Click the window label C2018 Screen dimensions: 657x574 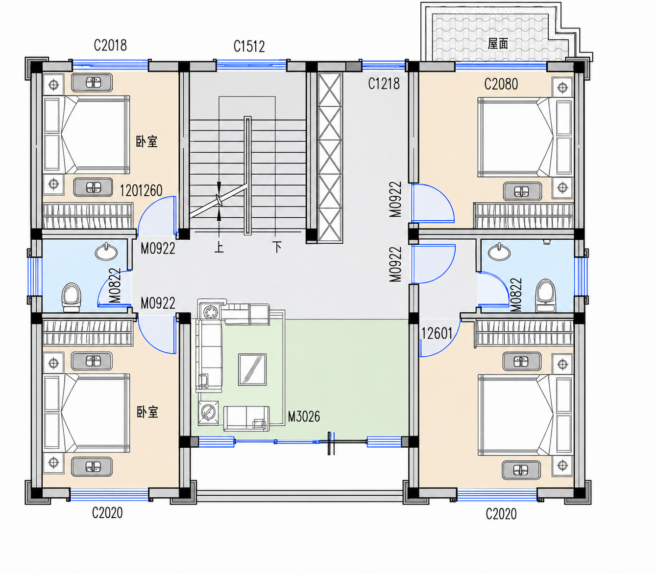coord(110,45)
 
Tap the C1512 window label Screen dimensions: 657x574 coord(249,46)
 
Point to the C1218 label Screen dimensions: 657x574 coord(384,84)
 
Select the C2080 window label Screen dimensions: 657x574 coord(501,84)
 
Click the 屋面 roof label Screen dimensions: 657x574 coord(498,44)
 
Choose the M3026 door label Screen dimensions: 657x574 coord(304,416)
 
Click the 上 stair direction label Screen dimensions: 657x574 coord(219,247)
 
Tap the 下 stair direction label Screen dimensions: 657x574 coord(277,247)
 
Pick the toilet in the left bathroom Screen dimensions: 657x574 coord(72,297)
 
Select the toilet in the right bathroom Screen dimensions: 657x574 coord(546,296)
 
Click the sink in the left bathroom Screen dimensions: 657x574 coord(106,252)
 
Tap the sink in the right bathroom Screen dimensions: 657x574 coord(499,252)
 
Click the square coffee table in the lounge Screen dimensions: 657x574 coord(252,370)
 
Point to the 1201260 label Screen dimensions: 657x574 coord(141,191)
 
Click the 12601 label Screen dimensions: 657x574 coord(437,334)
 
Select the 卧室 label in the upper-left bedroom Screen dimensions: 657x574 coord(147,141)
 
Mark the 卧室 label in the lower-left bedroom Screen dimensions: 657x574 coord(147,413)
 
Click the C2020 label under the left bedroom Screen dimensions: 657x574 coord(107,513)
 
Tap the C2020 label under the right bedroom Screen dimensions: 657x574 coord(501,514)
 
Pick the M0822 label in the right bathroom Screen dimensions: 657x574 coord(516,295)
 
